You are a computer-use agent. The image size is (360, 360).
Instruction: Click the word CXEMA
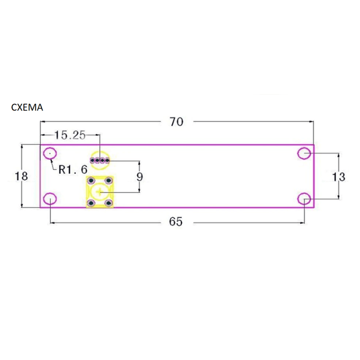pyautogui.click(x=27, y=107)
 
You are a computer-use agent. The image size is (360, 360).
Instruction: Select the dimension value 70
pyautogui.click(x=177, y=122)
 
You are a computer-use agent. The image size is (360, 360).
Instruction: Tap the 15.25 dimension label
pyautogui.click(x=70, y=135)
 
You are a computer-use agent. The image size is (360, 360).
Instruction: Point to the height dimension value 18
pyautogui.click(x=21, y=176)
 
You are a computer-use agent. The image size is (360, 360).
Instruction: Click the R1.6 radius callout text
pyautogui.click(x=73, y=170)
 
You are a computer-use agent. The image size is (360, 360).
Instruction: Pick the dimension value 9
pyautogui.click(x=139, y=177)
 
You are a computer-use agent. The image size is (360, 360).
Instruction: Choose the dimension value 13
pyautogui.click(x=339, y=177)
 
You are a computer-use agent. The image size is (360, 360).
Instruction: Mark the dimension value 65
pyautogui.click(x=176, y=222)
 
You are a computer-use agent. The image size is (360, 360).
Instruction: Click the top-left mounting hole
pyautogui.click(x=50, y=153)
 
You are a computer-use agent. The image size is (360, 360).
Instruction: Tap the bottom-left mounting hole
pyautogui.click(x=50, y=199)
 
